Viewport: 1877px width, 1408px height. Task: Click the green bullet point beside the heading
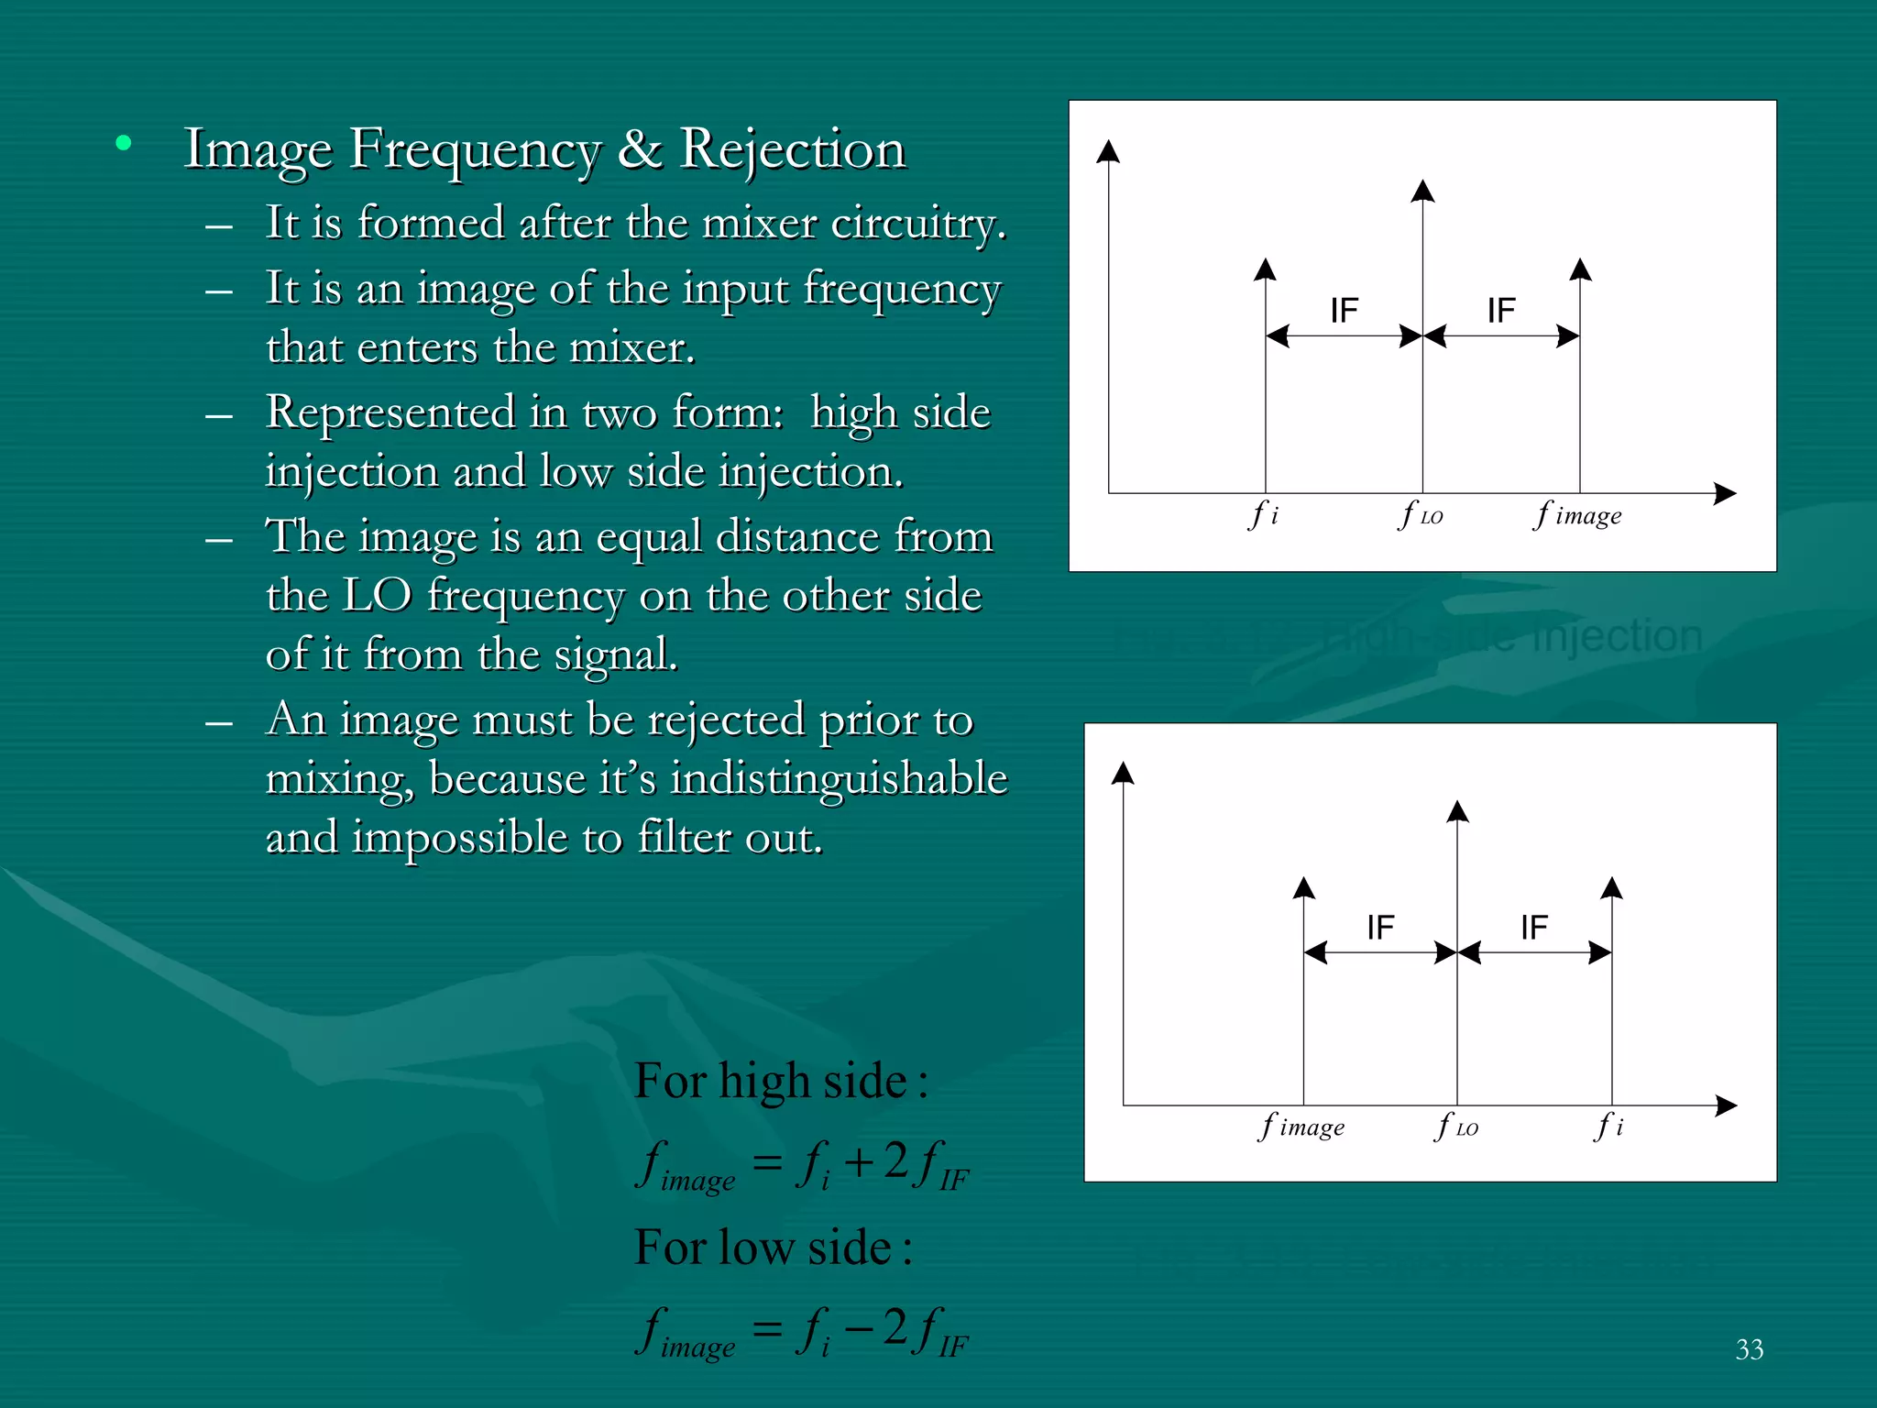pos(124,143)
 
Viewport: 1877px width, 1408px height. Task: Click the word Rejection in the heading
pos(793,149)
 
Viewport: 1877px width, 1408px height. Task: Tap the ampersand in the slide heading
pos(640,149)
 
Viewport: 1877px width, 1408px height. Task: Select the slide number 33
pos(1749,1349)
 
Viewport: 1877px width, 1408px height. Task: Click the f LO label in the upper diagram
pos(1421,515)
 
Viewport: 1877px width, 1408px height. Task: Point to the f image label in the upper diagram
pos(1578,515)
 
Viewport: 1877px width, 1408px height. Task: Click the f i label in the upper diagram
pos(1264,515)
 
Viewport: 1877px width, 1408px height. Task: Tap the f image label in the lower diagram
pos(1302,1127)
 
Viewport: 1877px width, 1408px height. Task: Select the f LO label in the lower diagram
pos(1456,1127)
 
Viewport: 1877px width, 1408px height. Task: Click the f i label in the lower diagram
pos(1609,1126)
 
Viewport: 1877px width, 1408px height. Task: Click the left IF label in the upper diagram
pos(1344,311)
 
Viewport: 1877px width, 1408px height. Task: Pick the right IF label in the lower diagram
pos(1533,928)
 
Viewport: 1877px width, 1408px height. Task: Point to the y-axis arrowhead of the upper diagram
pos(1109,150)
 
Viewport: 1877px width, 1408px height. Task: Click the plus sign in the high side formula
pos(859,1163)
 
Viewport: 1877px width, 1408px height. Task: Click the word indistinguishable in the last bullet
pos(839,779)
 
